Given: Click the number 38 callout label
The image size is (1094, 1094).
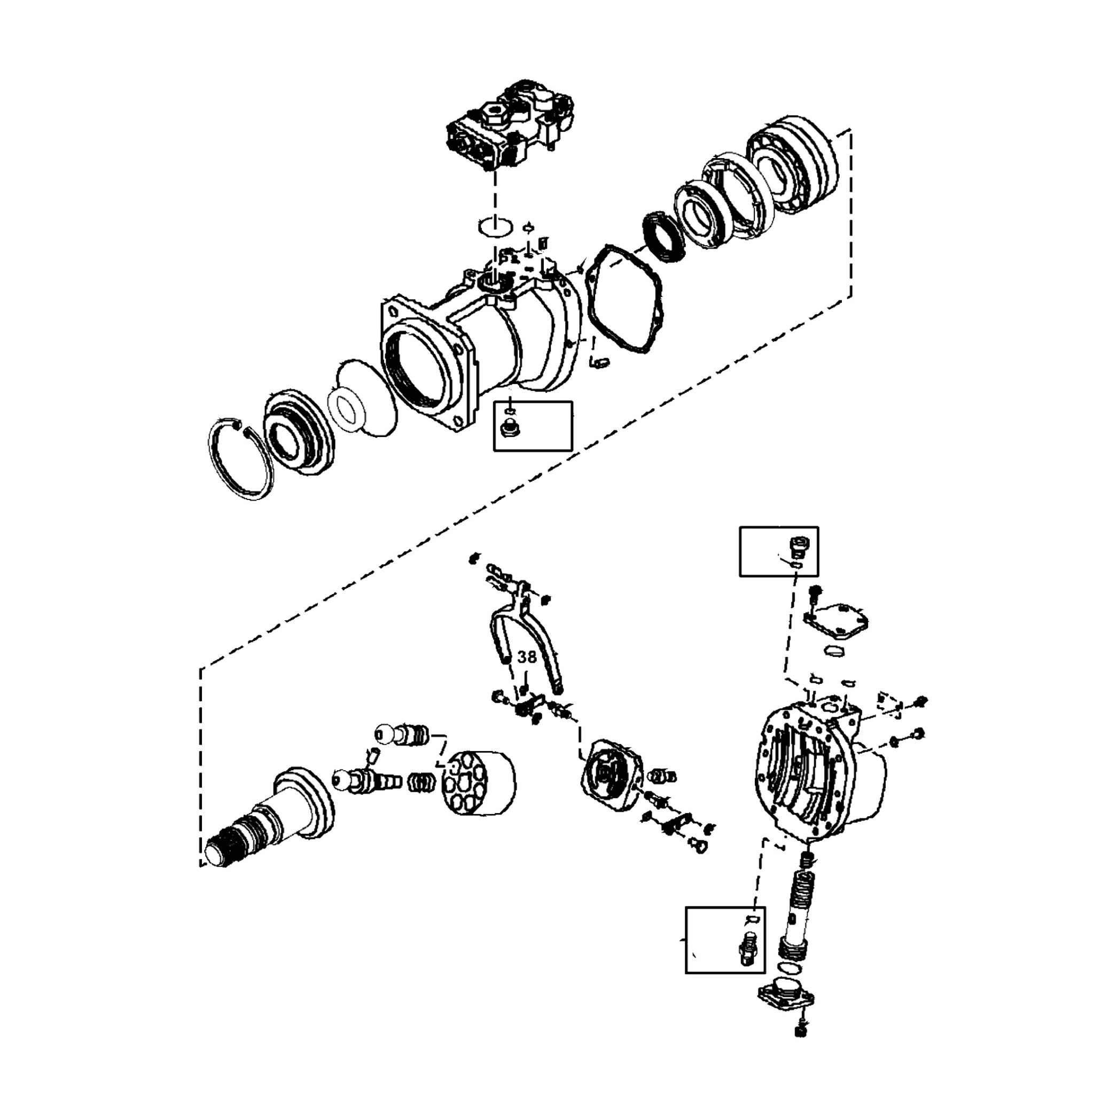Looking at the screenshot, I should coord(527,657).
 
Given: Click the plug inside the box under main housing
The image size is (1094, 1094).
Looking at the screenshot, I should coord(508,431).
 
